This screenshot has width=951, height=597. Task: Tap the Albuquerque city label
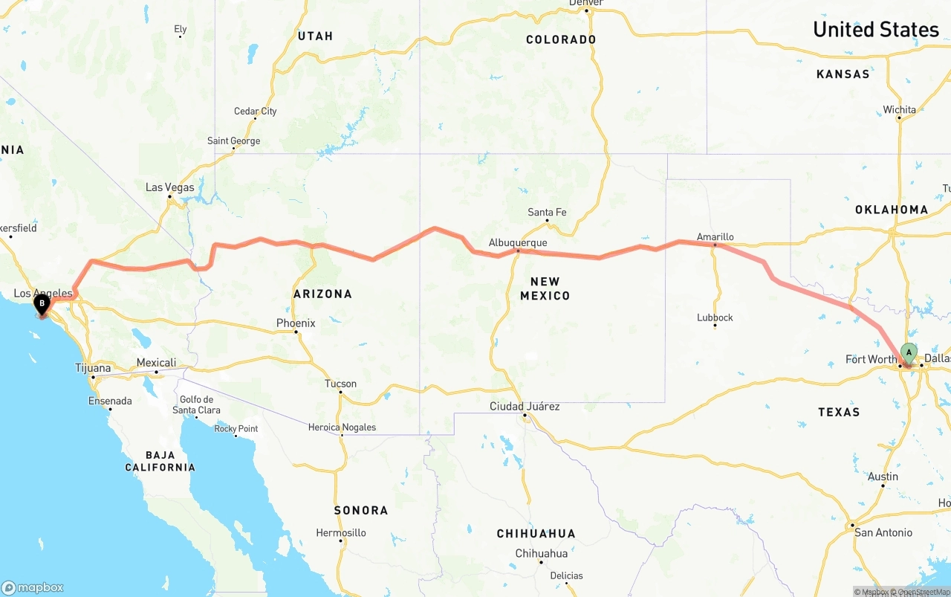[518, 243]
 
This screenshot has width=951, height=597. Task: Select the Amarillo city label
[715, 237]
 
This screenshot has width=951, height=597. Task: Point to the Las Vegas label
[169, 187]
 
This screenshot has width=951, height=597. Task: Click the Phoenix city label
[296, 323]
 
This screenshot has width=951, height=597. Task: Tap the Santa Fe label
[547, 213]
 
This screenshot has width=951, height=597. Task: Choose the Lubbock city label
[715, 317]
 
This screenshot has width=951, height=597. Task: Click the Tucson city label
[340, 384]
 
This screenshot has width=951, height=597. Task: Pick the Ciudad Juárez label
[525, 407]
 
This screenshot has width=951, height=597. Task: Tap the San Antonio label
[883, 532]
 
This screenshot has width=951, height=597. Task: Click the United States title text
[875, 30]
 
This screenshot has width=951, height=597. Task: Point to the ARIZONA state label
[322, 294]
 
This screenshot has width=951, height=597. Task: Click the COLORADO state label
[561, 39]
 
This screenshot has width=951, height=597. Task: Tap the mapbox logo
[33, 587]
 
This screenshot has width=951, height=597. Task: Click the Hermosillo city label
[341, 532]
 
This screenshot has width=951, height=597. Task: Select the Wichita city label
[899, 110]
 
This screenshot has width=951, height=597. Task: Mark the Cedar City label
[255, 112]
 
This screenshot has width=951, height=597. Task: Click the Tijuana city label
[93, 368]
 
